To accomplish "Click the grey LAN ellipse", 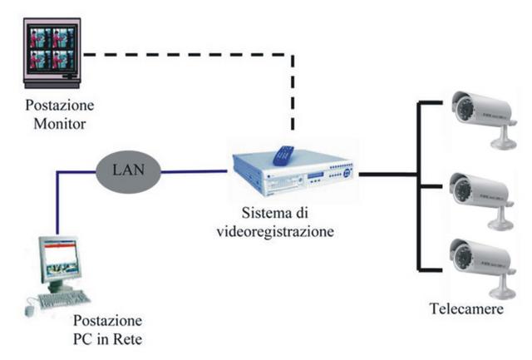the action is click(128, 172).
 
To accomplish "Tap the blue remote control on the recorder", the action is click(283, 155).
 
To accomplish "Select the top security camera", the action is click(484, 119).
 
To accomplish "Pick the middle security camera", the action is click(482, 200).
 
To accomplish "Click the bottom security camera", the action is click(482, 268).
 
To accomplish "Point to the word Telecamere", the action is click(466, 308).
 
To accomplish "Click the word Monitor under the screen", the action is click(59, 124).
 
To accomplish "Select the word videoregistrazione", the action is click(275, 232).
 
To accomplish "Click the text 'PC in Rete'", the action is click(107, 339).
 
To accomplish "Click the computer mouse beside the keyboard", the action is click(30, 310).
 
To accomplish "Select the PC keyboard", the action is click(64, 299).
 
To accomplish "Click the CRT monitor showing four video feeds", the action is click(52, 53).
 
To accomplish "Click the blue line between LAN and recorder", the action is click(194, 172).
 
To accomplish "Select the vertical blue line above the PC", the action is click(57, 203).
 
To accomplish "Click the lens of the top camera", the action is click(463, 107).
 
